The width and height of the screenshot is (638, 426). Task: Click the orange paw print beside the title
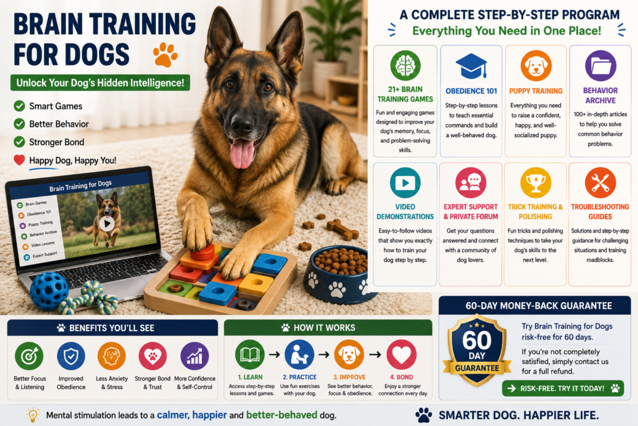165,54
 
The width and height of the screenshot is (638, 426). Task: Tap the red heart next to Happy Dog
19,160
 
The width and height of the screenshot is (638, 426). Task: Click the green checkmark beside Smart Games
19,106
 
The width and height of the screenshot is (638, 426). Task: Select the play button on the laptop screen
107,223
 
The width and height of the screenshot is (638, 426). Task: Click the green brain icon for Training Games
405,65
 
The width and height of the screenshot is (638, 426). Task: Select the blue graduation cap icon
471,65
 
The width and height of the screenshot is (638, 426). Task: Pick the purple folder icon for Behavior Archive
601,65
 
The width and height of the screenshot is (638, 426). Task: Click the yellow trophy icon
535,183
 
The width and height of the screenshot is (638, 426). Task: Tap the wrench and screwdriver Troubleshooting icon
600,183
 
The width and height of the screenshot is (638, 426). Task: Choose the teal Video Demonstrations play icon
405,183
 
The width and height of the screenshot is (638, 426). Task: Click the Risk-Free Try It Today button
563,389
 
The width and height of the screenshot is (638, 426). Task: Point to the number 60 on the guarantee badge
477,341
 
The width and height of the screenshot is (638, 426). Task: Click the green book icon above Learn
250,355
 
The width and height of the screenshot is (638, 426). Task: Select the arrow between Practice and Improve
324,355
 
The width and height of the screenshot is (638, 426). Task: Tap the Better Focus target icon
29,356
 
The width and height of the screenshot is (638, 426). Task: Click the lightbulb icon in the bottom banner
32,415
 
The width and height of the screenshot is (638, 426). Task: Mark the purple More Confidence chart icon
194,356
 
